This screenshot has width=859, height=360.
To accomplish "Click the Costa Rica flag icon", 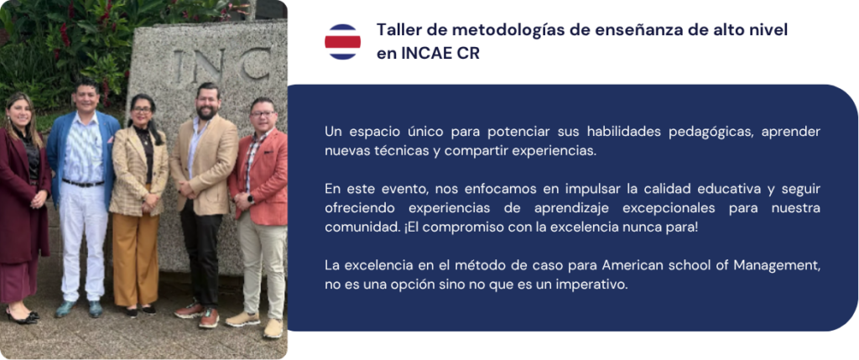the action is (x=342, y=42).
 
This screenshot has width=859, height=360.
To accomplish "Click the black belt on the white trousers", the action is (x=83, y=183).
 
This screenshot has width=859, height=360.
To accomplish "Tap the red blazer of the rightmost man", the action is (x=262, y=176).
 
